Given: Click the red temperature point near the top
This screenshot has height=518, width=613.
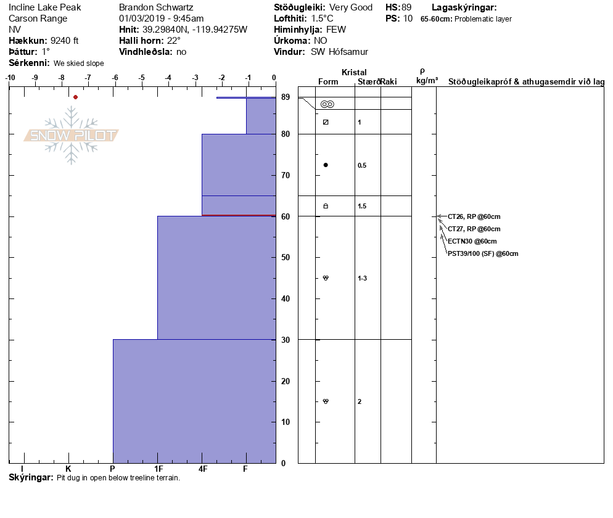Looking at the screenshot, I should pos(75,97).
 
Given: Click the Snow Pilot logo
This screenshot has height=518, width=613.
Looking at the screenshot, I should pos(72,135).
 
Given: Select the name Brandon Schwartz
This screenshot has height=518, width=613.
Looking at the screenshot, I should pos(156,7).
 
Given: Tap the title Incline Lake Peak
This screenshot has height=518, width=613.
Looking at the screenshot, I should pos(45,7).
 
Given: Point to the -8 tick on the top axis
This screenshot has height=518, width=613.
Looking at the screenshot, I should pos(61,78).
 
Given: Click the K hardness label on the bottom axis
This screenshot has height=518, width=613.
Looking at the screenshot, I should pos(68,469).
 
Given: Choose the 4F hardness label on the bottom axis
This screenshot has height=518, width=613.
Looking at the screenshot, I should pos(202,469).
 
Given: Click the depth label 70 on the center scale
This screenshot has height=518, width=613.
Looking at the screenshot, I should pos(286,175).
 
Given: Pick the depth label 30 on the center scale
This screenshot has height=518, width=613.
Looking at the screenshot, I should pos(286,340).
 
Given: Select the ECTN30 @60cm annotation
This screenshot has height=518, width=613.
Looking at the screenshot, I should pos(472,241).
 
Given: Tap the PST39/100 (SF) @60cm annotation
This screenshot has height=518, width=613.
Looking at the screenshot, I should pos(483,253).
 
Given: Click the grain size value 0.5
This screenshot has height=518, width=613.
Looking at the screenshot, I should pos(362,165).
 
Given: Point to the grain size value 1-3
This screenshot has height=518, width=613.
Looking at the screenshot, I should pos(363,278).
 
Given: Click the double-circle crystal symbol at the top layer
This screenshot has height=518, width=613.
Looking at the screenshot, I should pos(327,104).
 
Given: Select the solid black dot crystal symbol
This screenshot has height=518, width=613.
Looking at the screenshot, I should pos(326,165).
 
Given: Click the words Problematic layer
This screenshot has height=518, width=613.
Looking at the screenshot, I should pos(483,19).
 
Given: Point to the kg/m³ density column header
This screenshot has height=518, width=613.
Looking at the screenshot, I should pos(427,81).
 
